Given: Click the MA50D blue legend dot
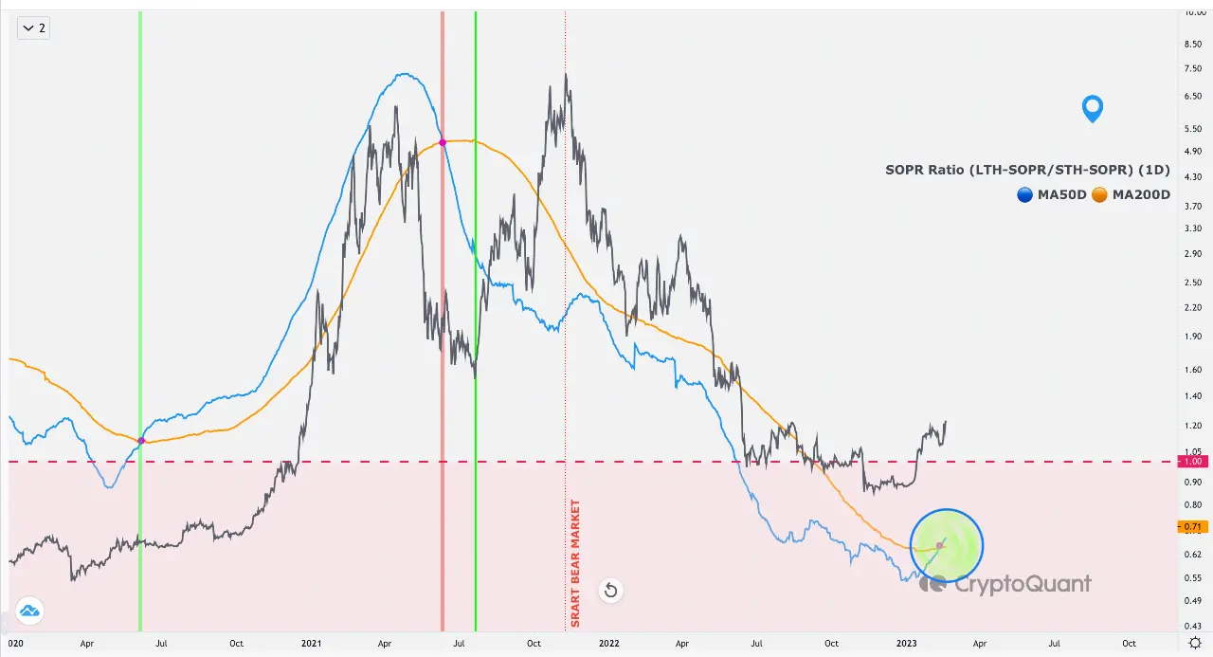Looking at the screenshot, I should pos(1025,194).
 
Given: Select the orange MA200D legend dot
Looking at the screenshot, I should pos(1099,194).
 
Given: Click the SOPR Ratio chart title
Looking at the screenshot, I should pos(1027,171).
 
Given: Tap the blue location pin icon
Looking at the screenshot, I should pos(1093,108).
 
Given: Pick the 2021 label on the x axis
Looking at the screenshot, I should pos(311,643).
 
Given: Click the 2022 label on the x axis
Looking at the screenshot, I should pos(608,643).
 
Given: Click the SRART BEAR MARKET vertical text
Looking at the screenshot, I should pos(574,563).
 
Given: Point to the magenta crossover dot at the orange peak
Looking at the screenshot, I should pos(443,142).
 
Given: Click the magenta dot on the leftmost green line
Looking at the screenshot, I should pos(141,441).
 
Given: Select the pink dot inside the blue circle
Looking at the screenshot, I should pos(939,545).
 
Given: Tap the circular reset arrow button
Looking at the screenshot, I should pos(610,592).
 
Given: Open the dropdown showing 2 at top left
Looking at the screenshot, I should pos(33,27).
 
